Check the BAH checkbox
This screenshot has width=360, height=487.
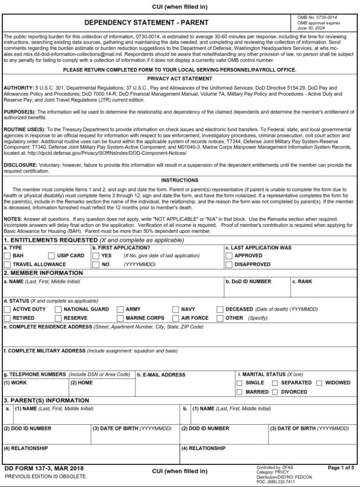[7, 256]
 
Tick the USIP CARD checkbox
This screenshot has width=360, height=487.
[52, 256]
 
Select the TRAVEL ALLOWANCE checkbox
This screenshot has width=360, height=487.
[7, 264]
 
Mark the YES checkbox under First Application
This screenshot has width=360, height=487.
[96, 256]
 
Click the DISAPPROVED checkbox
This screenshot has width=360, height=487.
[229, 264]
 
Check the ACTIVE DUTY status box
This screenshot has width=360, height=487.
[7, 309]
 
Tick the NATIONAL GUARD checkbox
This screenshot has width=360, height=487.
[58, 309]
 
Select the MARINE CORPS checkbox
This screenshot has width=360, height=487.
[120, 318]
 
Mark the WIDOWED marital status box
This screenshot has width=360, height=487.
[320, 383]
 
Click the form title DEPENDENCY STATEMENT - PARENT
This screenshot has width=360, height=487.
[147, 22]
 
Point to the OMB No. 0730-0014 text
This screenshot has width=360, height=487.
[317, 17]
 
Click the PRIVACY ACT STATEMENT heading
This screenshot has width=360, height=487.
[180, 79]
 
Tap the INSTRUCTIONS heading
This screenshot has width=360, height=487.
[180, 180]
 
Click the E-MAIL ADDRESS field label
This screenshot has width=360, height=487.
[161, 375]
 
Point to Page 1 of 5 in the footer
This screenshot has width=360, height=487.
[341, 468]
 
